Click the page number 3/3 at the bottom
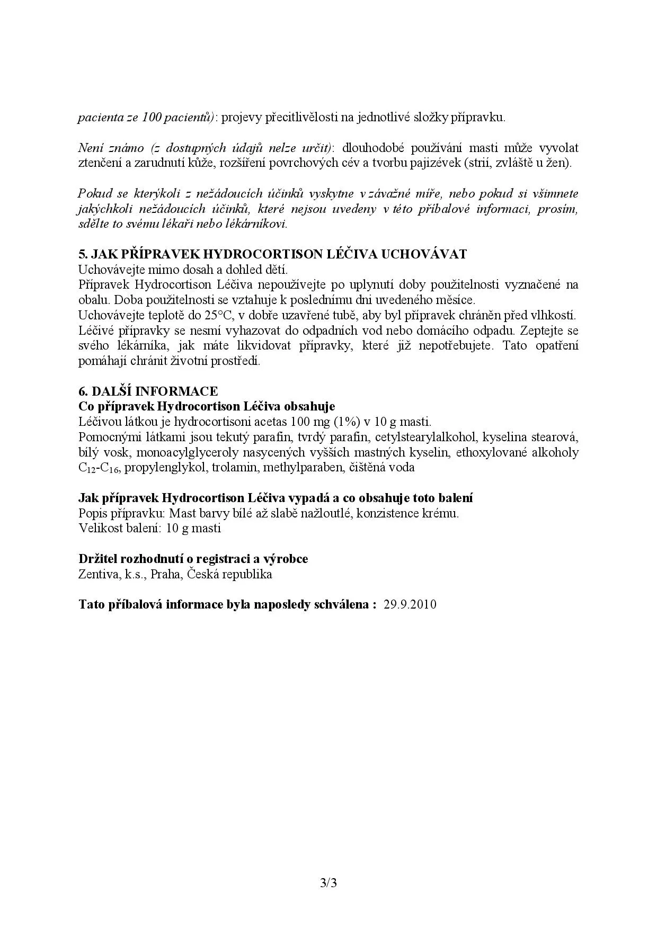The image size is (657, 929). [328, 883]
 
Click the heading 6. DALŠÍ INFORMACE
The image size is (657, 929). [148, 391]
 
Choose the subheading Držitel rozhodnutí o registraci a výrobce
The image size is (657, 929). [193, 559]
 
